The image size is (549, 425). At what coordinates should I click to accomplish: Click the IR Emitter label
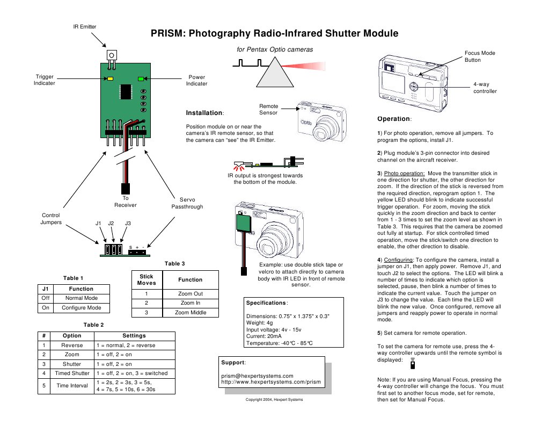point(85,27)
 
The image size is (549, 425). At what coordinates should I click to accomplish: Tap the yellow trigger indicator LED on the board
point(110,78)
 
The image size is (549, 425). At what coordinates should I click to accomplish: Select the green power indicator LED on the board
point(141,78)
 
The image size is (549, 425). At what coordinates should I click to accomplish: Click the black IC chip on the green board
point(126,91)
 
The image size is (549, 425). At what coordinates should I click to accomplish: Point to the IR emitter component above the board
point(112,55)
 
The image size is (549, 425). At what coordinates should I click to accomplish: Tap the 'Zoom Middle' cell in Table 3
point(191,312)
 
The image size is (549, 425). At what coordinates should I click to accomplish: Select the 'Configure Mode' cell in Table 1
point(81,308)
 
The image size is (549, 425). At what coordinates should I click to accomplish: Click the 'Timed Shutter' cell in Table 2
point(72,373)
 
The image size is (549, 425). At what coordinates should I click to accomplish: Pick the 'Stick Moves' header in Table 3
point(147,279)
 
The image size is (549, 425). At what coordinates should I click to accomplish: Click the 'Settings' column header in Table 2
point(134,335)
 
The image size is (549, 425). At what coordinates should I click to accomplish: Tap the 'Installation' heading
point(204,113)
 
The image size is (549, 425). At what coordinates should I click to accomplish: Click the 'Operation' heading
point(394,118)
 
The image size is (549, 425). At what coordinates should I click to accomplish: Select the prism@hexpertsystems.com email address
point(257,376)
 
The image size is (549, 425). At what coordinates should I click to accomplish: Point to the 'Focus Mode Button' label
point(480,56)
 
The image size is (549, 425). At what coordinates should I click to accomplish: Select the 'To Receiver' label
point(126,201)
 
